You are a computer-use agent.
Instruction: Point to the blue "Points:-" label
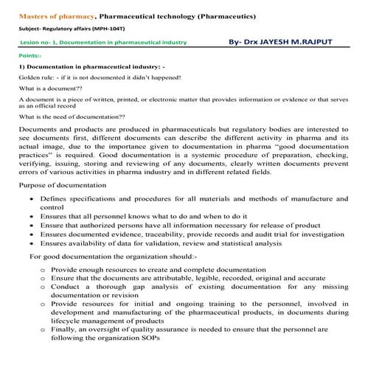32,55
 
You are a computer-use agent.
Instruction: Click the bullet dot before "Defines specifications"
30,200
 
